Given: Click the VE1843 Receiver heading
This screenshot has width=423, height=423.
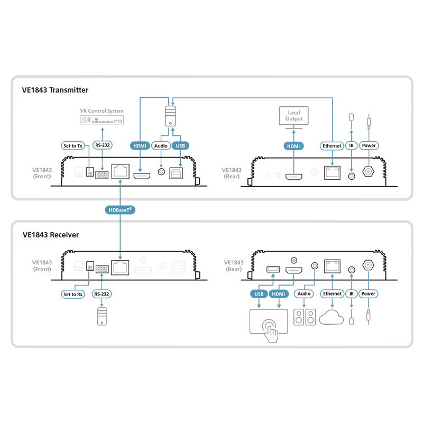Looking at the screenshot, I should click(x=51, y=234).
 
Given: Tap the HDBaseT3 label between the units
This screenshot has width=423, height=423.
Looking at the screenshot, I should click(x=121, y=210).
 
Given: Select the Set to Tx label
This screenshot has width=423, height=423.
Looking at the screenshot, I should click(x=73, y=145).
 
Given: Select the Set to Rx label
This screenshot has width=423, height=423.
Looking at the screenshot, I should click(x=73, y=294).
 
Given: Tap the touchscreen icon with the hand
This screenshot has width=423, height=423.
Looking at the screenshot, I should click(x=269, y=323).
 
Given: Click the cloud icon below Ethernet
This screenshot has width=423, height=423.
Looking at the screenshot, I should click(x=332, y=318).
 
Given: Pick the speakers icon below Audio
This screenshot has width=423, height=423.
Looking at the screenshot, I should click(x=304, y=318).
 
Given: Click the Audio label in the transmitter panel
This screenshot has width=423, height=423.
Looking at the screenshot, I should click(x=160, y=145).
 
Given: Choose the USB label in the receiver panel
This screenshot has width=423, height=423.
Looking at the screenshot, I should click(x=258, y=293).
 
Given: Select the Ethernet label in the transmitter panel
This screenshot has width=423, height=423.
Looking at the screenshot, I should click(x=332, y=145).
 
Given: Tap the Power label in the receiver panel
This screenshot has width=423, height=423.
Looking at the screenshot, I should click(x=368, y=293).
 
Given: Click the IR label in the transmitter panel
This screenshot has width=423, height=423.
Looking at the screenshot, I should click(x=351, y=145).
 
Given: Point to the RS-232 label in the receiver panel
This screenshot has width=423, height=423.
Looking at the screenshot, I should click(x=102, y=294).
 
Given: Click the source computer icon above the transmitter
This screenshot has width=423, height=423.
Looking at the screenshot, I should click(x=170, y=115).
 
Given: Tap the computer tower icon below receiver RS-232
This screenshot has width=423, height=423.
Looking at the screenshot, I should click(x=102, y=316).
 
